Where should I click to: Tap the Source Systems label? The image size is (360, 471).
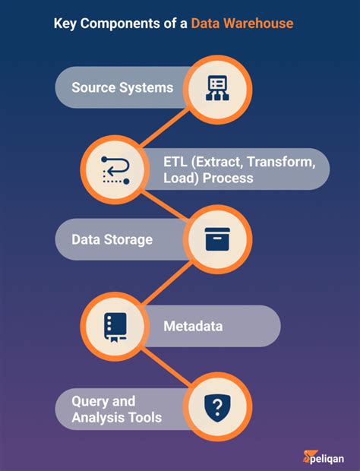pyautogui.click(x=122, y=87)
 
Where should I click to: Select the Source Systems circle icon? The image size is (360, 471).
pyautogui.click(x=217, y=88)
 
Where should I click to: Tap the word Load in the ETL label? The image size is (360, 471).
pyautogui.click(x=177, y=179)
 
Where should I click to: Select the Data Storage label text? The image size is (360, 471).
pyautogui.click(x=112, y=239)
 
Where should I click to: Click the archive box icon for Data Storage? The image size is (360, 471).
pyautogui.click(x=217, y=240)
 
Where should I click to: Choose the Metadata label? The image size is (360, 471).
pyautogui.click(x=193, y=327)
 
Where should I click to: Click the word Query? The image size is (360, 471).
pyautogui.click(x=91, y=400)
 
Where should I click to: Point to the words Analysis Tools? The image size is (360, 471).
pyautogui.click(x=116, y=418)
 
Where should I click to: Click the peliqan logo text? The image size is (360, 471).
pyautogui.click(x=325, y=456)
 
